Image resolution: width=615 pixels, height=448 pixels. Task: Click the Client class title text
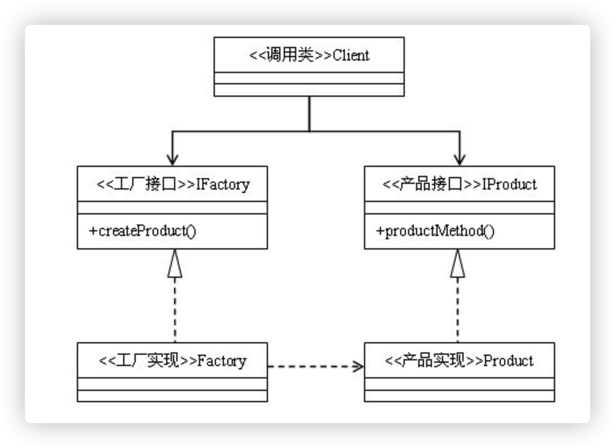pos(309,55)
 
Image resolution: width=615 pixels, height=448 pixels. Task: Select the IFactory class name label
pos(173,184)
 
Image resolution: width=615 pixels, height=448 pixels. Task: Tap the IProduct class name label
pos(460,184)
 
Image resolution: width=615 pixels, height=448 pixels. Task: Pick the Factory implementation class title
pos(172,360)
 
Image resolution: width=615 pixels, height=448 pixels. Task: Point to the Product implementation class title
pos(459,360)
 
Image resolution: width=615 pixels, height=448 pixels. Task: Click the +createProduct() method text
pos(142,231)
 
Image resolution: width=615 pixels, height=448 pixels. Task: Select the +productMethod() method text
pos(435,231)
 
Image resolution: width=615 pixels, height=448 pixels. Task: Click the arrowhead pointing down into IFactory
pos(172,160)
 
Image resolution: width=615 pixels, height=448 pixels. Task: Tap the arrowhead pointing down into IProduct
pos(460,160)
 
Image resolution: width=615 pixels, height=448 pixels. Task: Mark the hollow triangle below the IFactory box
pos(175,264)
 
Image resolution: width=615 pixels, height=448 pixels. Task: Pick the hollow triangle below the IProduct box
pos(457,264)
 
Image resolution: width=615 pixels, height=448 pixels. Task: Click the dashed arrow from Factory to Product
pos(316,367)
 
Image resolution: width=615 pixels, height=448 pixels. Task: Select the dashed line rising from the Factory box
pos(175,310)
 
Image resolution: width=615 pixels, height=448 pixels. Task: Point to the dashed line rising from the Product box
pos(458,310)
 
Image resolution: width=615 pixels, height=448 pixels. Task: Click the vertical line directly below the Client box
pos(309,114)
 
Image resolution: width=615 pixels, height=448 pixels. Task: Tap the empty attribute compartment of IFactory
pos(172,208)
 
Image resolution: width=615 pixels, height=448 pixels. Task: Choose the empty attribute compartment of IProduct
pos(460,208)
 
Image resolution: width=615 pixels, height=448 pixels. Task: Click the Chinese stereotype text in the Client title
pos(290,55)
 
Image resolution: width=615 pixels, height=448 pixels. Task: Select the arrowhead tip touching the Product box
pos(363,367)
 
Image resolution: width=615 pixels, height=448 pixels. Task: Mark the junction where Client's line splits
pos(309,131)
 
